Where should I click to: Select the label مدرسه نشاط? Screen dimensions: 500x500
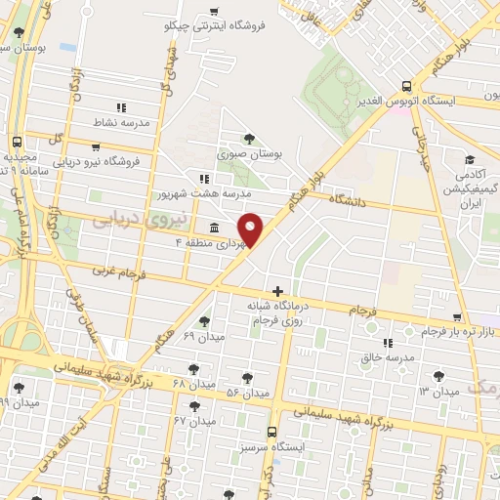tap(120, 123)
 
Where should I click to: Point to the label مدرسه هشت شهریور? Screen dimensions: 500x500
tap(204, 193)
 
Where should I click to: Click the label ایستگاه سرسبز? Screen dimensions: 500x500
tap(271, 446)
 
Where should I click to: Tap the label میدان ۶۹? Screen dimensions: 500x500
tap(204, 336)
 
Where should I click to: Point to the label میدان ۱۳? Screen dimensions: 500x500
tap(438, 391)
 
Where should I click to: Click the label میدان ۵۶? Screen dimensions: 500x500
tap(246, 393)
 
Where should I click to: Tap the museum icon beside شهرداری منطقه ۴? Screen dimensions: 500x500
tap(214, 228)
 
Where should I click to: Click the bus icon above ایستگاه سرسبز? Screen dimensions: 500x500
tap(271, 431)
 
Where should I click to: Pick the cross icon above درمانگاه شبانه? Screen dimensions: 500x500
tap(278, 291)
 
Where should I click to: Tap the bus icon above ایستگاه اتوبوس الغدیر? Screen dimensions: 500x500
tap(407, 85)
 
